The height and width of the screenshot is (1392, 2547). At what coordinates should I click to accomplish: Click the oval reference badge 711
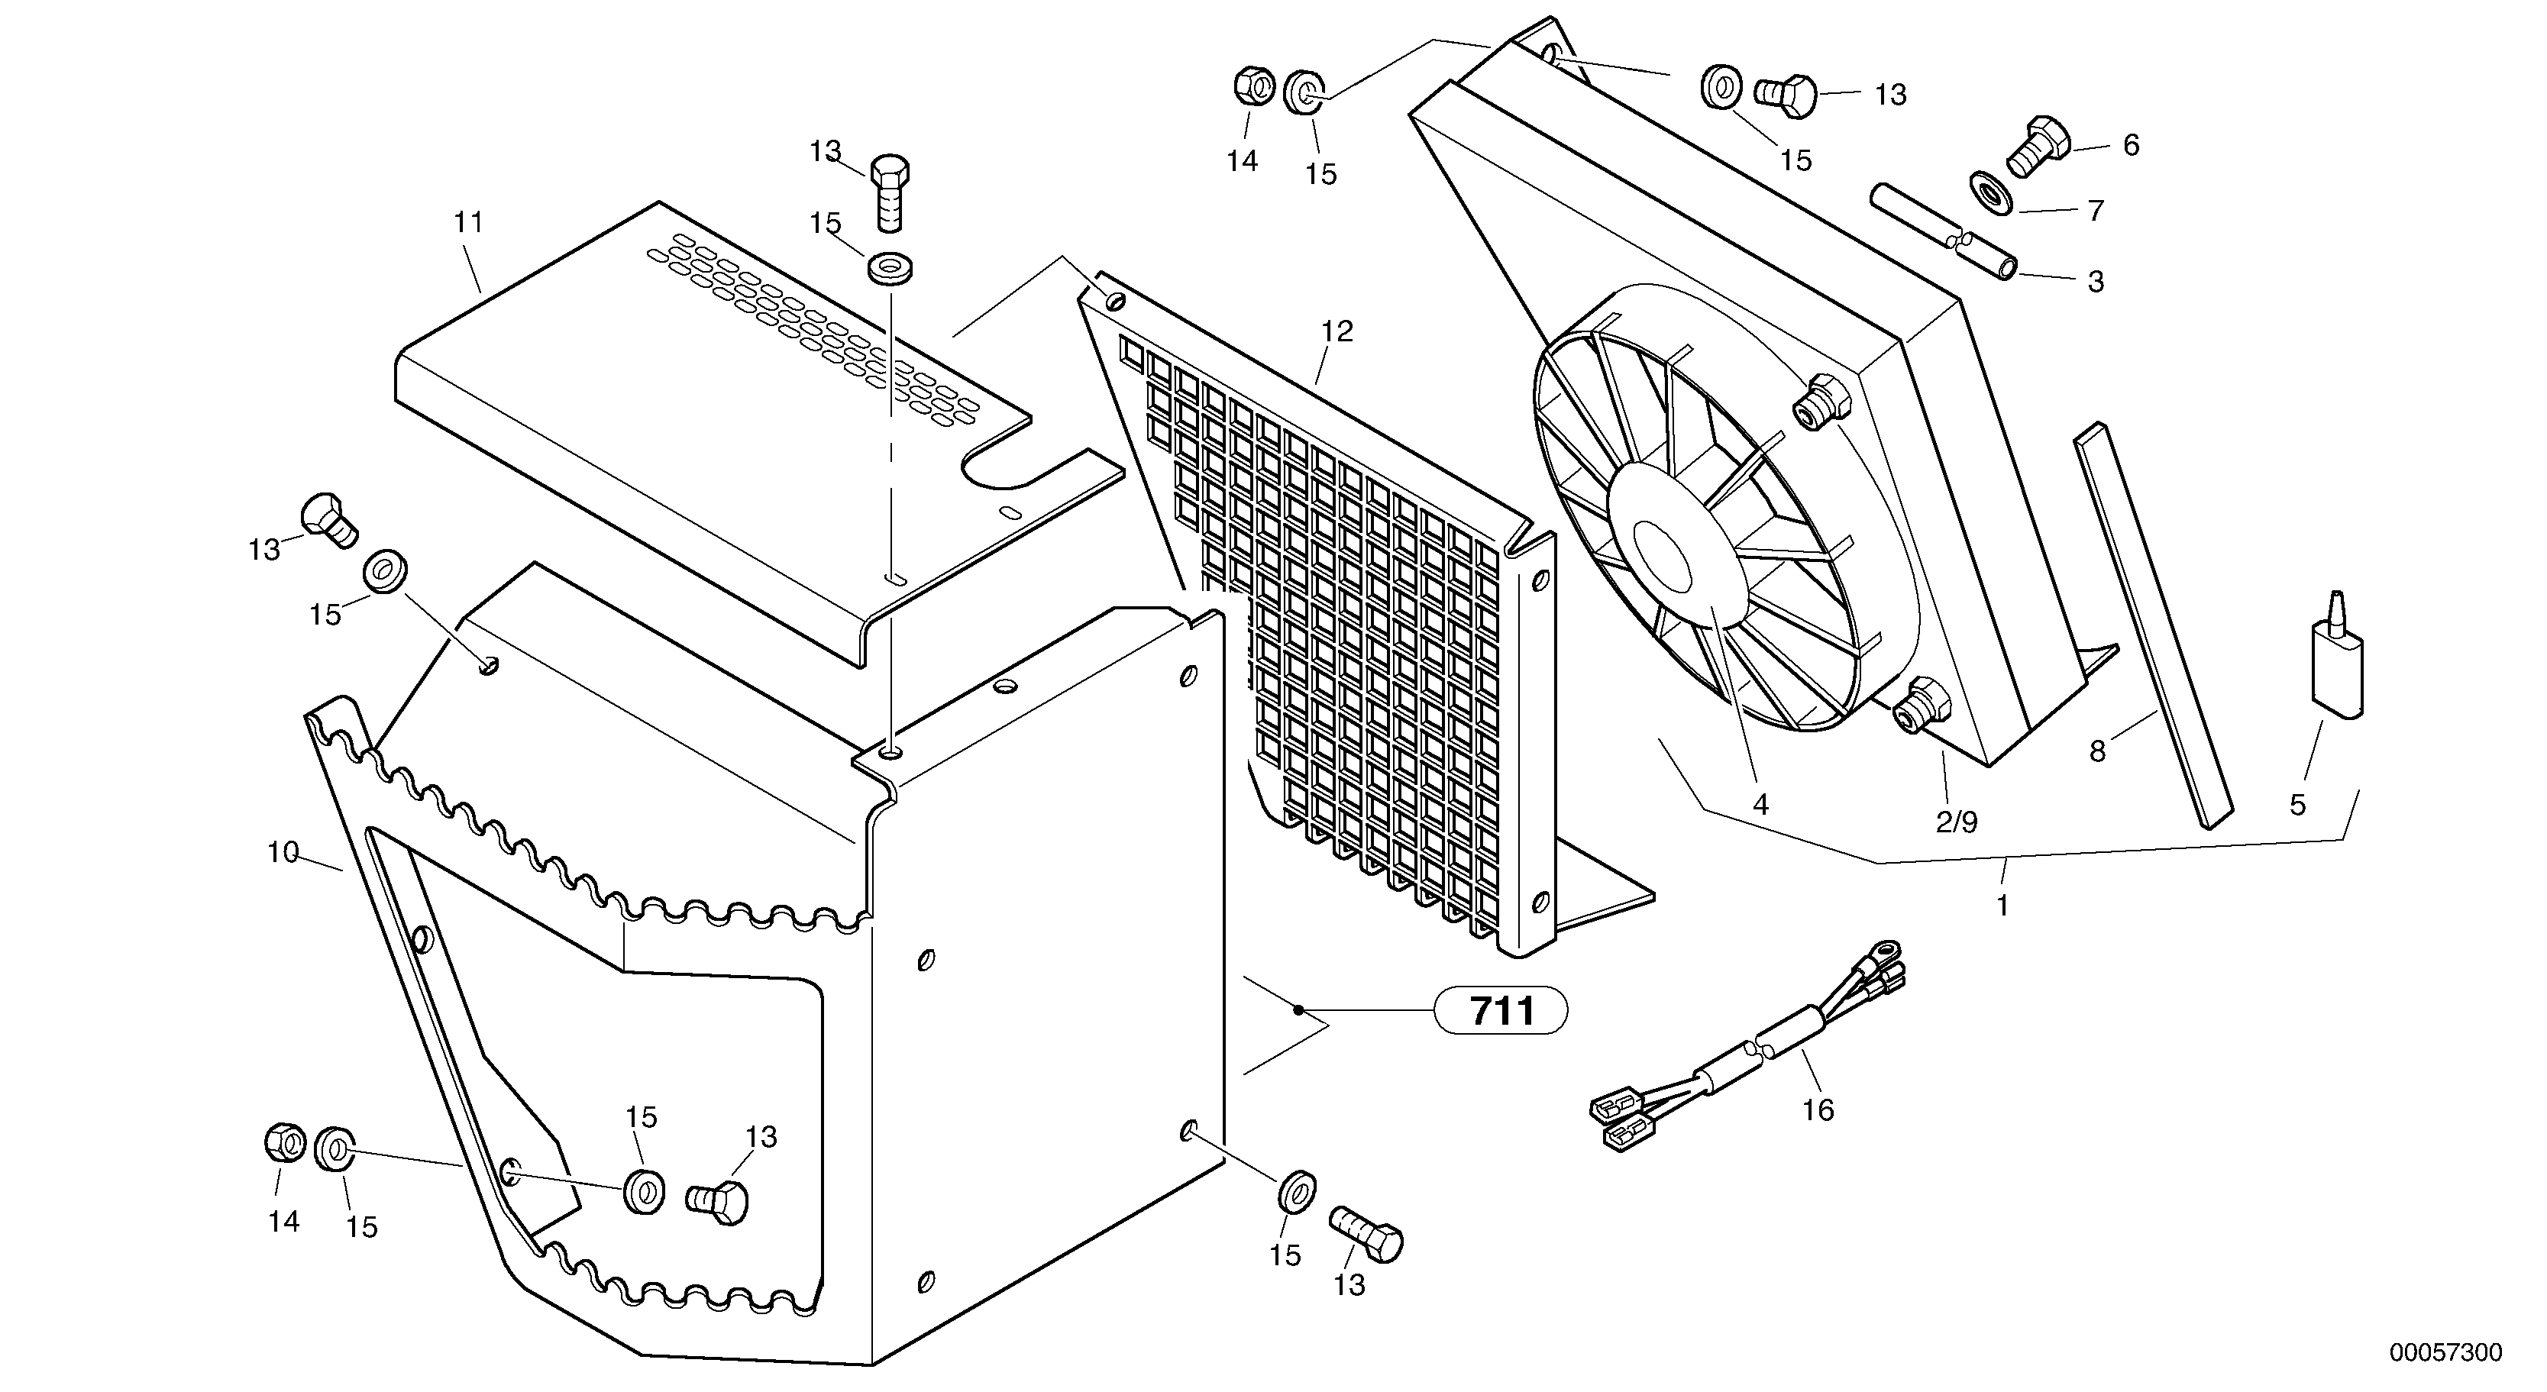tap(1501, 1010)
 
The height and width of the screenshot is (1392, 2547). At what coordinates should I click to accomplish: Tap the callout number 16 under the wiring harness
tap(1818, 1110)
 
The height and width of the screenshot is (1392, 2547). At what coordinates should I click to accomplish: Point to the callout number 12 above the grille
tap(1337, 331)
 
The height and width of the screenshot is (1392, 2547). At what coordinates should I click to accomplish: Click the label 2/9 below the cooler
tap(1956, 822)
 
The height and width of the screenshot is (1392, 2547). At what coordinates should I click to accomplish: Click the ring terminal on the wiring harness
tap(1889, 952)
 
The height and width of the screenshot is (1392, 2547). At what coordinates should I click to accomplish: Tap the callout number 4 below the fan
tap(1760, 805)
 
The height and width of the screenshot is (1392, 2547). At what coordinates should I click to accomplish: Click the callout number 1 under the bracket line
tap(2002, 905)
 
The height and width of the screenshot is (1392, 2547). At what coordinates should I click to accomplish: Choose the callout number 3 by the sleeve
tap(2095, 282)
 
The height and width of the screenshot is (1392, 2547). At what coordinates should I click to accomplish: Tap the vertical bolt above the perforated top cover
tap(890, 192)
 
